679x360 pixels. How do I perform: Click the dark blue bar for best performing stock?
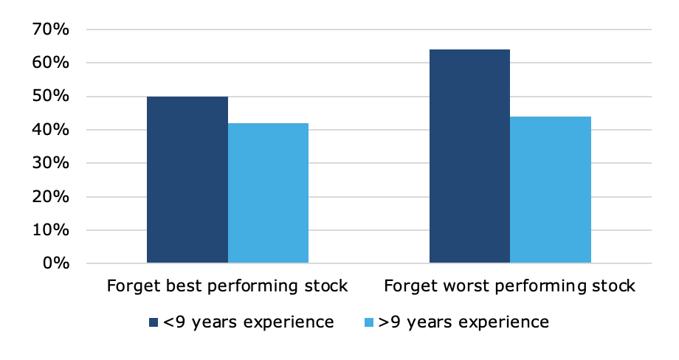187,179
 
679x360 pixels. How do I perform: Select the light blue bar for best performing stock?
268,193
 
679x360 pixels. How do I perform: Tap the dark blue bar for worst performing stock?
469,156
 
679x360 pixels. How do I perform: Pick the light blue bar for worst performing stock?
551,190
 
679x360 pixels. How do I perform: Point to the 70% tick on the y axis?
51,30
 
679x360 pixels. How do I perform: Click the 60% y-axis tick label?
51,63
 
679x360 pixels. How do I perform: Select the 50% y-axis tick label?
51,96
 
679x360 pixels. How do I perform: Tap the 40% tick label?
51,129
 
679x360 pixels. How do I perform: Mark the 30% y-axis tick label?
51,163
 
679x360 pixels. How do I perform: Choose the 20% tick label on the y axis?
51,196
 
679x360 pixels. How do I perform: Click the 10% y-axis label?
51,229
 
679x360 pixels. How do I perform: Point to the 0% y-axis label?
56,263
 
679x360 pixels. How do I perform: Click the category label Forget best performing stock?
227,286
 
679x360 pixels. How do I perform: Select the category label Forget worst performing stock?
509,286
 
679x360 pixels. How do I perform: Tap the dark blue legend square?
154,322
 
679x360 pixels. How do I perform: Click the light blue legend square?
369,322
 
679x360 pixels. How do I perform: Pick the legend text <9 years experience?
248,323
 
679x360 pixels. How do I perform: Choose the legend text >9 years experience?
463,323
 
